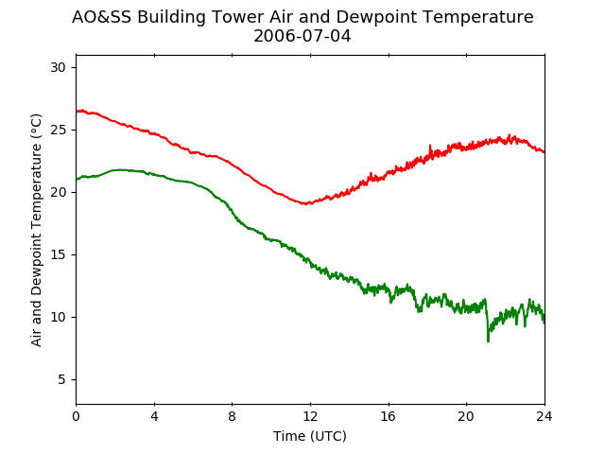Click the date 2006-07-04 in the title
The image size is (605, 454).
[x=302, y=36]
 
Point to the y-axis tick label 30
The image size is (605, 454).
[x=58, y=67]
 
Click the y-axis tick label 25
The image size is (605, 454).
[x=58, y=131]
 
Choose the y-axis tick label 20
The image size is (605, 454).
[x=58, y=192]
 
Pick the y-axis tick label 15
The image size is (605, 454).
[x=58, y=254]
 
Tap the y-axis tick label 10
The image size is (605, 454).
[x=58, y=318]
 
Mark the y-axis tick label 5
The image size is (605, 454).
[x=61, y=380]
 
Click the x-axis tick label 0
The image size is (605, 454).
[x=76, y=416]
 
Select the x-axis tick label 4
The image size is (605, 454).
[x=154, y=416]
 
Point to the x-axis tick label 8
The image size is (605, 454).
[x=233, y=416]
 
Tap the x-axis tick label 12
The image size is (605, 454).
[x=310, y=416]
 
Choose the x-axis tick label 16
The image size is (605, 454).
[x=389, y=416]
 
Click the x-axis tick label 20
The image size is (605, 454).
[x=466, y=416]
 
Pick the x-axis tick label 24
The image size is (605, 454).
[x=544, y=416]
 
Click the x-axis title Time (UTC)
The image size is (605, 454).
[x=310, y=436]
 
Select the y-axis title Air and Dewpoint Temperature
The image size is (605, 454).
[x=36, y=231]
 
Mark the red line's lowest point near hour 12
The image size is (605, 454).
[x=305, y=203]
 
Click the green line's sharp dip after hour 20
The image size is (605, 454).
[x=488, y=340]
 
